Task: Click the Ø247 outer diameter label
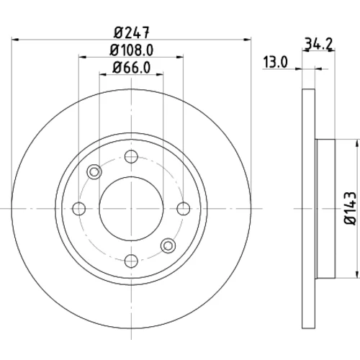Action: (x=132, y=32)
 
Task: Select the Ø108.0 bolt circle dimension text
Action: (x=132, y=50)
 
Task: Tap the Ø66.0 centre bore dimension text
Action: (x=132, y=68)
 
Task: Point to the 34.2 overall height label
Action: (x=318, y=44)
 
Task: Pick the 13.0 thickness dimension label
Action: (x=275, y=62)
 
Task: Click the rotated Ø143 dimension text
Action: (x=351, y=208)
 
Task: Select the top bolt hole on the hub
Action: (x=131, y=156)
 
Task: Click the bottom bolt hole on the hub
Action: (x=131, y=261)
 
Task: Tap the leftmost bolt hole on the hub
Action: (x=79, y=208)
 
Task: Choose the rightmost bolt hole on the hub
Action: (x=184, y=208)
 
